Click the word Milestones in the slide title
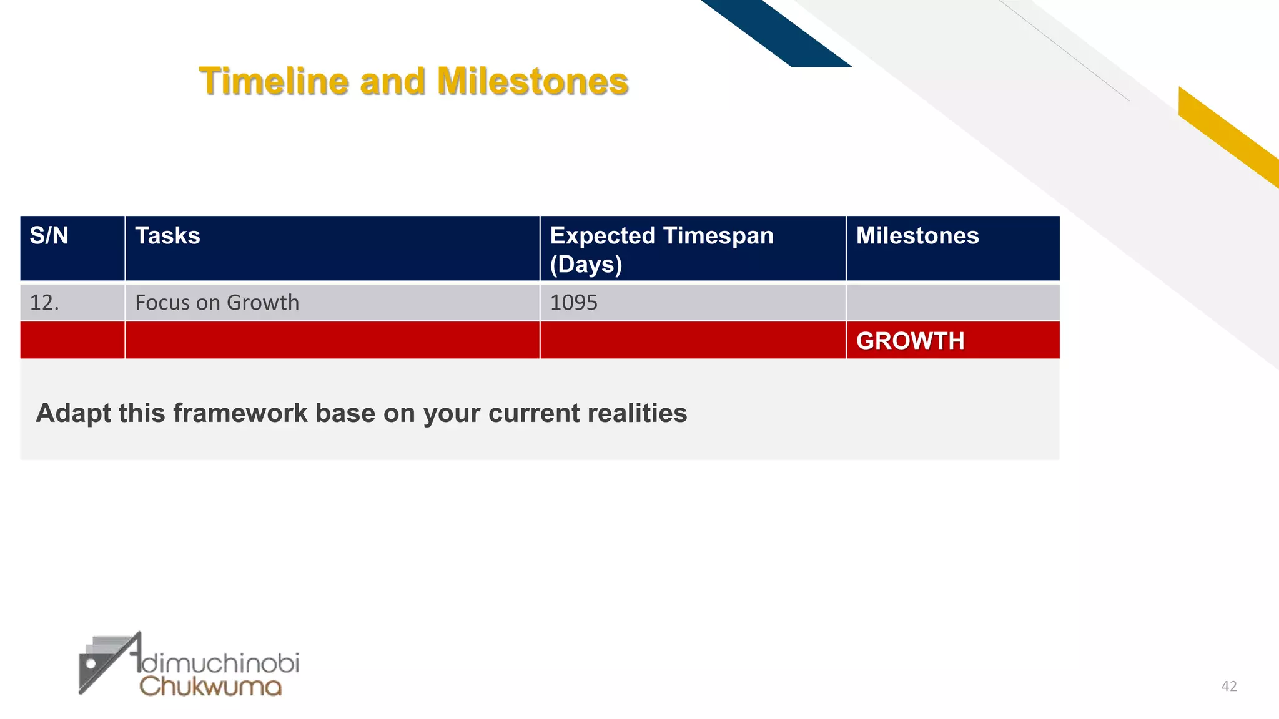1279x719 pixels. coord(532,82)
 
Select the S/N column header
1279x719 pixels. coord(49,236)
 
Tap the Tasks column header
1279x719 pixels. coord(167,236)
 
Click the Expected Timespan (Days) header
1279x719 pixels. coord(661,249)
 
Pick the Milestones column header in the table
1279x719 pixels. coord(917,236)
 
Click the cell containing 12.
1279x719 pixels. coord(44,303)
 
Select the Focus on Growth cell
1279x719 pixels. coord(217,303)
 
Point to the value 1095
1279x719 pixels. coord(573,303)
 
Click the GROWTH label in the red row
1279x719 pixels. coord(910,341)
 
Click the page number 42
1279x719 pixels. coord(1228,687)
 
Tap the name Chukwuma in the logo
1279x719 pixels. coord(210,687)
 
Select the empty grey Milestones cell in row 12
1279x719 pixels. coord(952,303)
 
